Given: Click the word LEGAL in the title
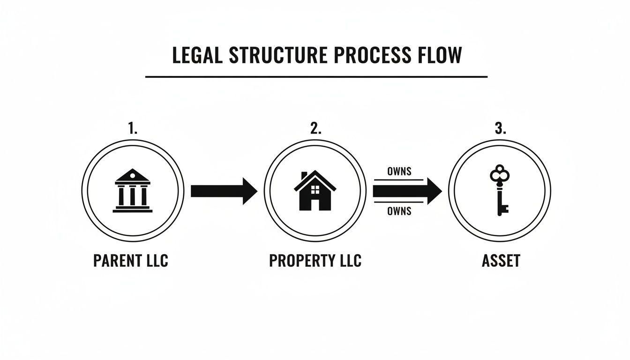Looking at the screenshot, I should coord(197,55).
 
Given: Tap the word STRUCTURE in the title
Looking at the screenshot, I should coord(278,55).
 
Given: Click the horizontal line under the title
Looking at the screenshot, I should coord(316,76).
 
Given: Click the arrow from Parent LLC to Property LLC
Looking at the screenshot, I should coord(224,191).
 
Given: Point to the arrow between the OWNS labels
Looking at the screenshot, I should coord(407,191).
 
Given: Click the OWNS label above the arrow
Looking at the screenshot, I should coord(399,171).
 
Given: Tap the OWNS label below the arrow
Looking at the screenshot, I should coord(399,211).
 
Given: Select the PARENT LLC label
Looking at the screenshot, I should coord(130,261).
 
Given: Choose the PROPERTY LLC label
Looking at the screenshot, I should coord(315,261).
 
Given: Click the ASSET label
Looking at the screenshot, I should coord(501,261).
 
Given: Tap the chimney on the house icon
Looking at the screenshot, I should coord(304,175).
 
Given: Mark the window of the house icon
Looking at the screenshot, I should coord(315,189).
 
